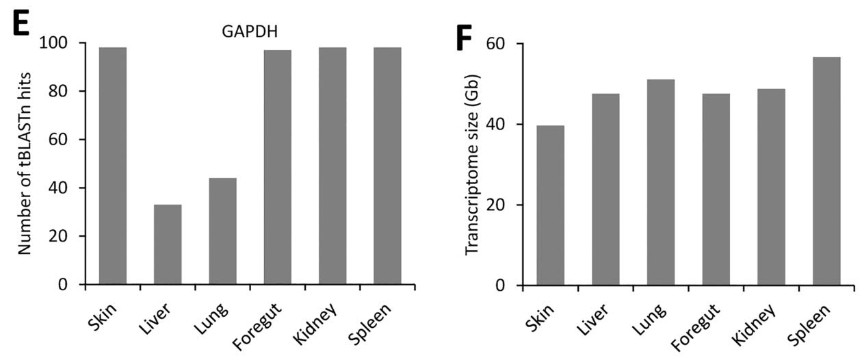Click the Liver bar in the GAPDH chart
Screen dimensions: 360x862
[x=168, y=244]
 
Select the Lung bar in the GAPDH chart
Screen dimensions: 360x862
[x=222, y=231]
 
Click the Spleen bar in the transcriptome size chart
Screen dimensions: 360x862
[x=826, y=171]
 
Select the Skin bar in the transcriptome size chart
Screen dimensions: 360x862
[x=551, y=205]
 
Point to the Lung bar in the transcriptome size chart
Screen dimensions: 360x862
[x=661, y=182]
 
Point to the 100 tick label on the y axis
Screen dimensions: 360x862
[x=61, y=43]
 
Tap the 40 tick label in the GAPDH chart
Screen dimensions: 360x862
[x=66, y=188]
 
